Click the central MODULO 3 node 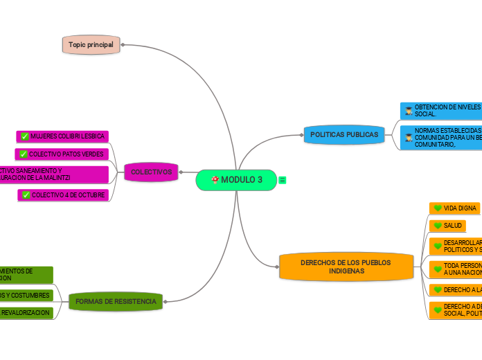pos(236,180)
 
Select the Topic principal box pos(91,44)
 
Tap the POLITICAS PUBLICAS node pos(343,134)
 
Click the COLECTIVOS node pos(151,172)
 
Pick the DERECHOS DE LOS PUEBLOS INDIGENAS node pos(346,267)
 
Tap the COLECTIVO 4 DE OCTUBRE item pos(63,195)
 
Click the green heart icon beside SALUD pos(438,226)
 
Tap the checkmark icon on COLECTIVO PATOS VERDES pos(24,154)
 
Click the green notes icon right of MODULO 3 pos(283,180)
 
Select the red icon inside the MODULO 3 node pos(215,180)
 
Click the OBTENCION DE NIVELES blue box pos(440,110)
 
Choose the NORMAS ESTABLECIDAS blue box pos(440,137)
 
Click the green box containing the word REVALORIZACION pos(26,313)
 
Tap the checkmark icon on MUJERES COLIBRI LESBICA pos(25,136)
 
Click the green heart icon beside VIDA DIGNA pos(438,208)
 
